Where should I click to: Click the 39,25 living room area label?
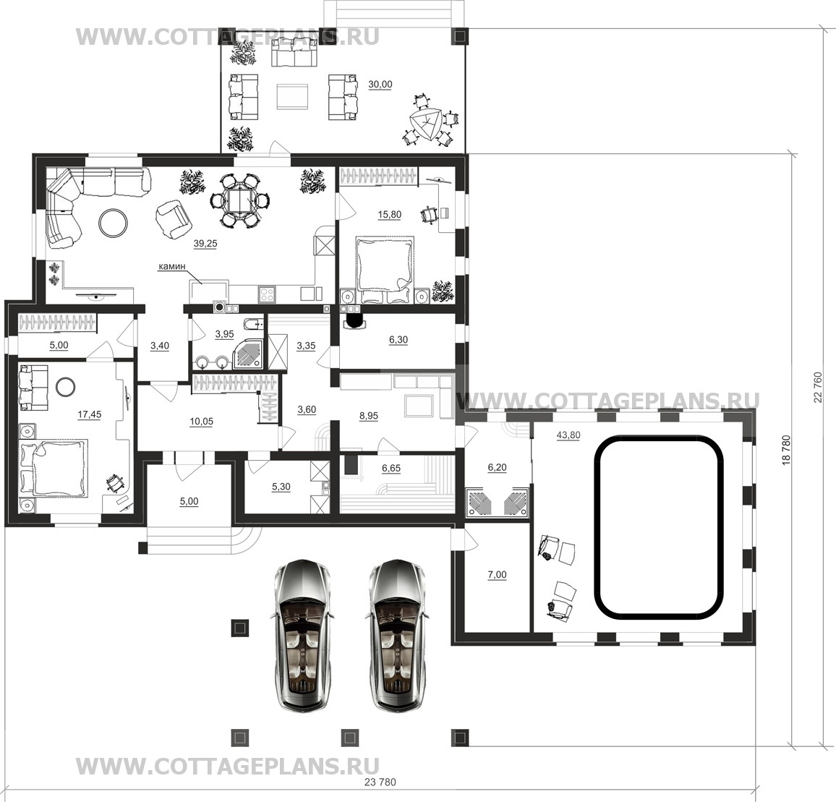[205, 244]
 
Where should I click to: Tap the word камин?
[169, 266]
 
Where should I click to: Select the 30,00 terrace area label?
[380, 85]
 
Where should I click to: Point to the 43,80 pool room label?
[568, 435]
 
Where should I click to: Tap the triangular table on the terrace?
[425, 125]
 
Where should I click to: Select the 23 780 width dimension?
[380, 782]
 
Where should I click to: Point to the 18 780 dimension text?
[787, 451]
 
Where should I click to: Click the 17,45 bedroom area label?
[89, 415]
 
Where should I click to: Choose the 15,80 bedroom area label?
[390, 215]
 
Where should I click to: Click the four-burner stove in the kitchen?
[267, 294]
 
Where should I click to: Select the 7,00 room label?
[497, 575]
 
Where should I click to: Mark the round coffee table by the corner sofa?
[113, 222]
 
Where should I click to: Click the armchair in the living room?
[173, 218]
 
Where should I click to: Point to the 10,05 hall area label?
[201, 422]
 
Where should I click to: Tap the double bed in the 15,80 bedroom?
[385, 269]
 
